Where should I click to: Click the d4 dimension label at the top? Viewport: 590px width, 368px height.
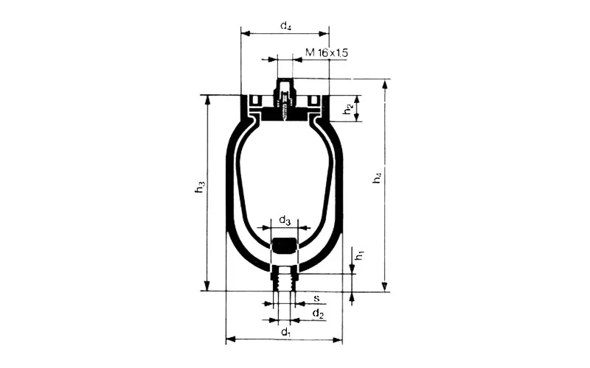pyautogui.click(x=285, y=26)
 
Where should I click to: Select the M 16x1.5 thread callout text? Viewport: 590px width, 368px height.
pyautogui.click(x=327, y=52)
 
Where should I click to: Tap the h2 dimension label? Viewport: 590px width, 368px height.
pyautogui.click(x=348, y=109)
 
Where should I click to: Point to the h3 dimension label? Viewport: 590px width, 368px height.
pyautogui.click(x=200, y=187)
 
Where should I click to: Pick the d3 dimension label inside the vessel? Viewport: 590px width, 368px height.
pyautogui.click(x=285, y=220)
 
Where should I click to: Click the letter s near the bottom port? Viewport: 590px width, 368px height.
pyautogui.click(x=317, y=298)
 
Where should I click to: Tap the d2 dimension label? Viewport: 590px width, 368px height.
pyautogui.click(x=318, y=314)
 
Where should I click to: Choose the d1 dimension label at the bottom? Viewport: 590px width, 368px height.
pyautogui.click(x=286, y=332)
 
